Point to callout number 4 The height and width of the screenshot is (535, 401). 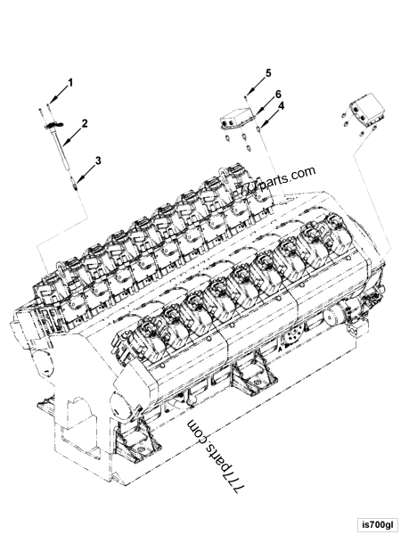coord(281,105)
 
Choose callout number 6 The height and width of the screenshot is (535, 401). coord(277,94)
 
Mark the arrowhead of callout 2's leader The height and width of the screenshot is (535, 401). coord(64,144)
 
